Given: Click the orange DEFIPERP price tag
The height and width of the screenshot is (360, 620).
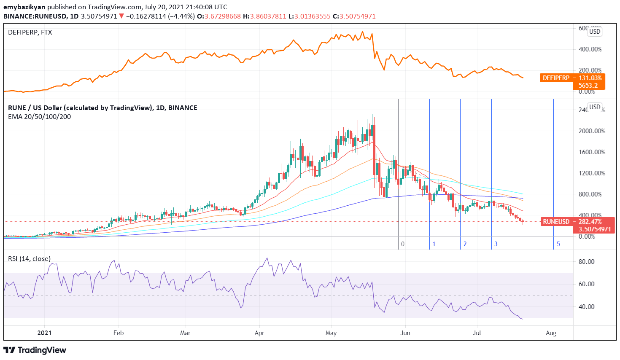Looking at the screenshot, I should pyautogui.click(x=556, y=78).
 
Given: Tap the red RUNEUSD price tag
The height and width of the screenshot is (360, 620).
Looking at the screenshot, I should pyautogui.click(x=556, y=222).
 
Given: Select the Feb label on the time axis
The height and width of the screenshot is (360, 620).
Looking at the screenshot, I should pyautogui.click(x=119, y=333).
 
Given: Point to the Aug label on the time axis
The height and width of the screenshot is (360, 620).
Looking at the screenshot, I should pyautogui.click(x=551, y=333).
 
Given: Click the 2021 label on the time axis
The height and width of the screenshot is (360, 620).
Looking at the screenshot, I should pyautogui.click(x=44, y=333).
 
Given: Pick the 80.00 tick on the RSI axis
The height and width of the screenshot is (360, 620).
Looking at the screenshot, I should pyautogui.click(x=586, y=262).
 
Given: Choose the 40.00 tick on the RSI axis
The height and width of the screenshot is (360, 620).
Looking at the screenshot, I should pyautogui.click(x=586, y=307).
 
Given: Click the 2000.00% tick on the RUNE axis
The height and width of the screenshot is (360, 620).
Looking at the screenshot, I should pyautogui.click(x=591, y=131).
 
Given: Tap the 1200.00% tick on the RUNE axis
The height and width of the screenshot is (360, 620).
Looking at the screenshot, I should pyautogui.click(x=591, y=173).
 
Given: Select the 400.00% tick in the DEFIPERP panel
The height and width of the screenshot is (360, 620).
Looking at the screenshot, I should pyautogui.click(x=590, y=49).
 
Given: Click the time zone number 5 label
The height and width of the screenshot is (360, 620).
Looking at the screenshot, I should pyautogui.click(x=558, y=244).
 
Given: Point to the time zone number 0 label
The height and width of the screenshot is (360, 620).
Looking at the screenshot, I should pyautogui.click(x=403, y=244).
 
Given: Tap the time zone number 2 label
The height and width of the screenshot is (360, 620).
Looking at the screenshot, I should pyautogui.click(x=465, y=244).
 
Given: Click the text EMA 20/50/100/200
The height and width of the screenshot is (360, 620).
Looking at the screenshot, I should pyautogui.click(x=40, y=117).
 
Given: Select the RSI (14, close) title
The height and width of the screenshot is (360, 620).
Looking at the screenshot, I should pyautogui.click(x=29, y=259).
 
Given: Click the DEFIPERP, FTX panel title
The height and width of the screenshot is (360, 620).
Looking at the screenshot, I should pyautogui.click(x=30, y=32).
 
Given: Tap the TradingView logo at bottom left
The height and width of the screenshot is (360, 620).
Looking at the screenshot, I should pyautogui.click(x=35, y=350).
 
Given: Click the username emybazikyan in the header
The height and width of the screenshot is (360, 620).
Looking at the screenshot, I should pyautogui.click(x=24, y=7).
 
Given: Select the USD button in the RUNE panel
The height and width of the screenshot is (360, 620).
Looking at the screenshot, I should pyautogui.click(x=595, y=107).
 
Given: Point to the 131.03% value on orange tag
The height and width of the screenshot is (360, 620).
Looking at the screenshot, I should pyautogui.click(x=590, y=78).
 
